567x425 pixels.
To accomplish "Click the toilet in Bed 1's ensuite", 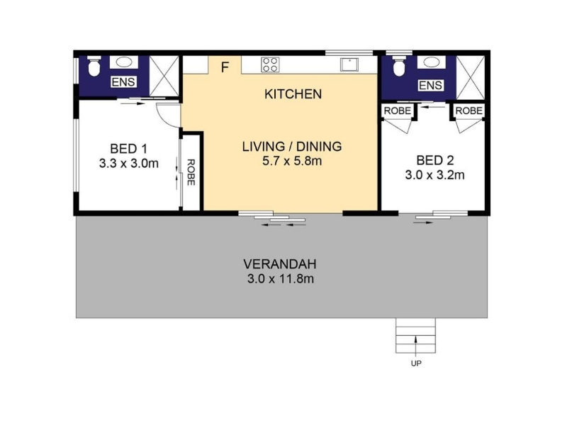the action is (94, 66).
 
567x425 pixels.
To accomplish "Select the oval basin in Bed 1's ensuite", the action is (123, 62).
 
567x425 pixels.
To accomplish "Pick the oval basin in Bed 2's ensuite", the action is (432, 62).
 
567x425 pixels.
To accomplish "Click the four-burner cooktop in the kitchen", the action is (270, 64).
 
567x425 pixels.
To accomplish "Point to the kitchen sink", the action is (349, 64).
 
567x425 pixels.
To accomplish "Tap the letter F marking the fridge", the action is (225, 67).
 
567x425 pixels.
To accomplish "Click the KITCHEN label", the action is (293, 94).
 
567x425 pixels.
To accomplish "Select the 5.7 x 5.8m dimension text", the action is (292, 161).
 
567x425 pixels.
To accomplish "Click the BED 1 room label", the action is (129, 149).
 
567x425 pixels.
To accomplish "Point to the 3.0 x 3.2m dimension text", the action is (434, 175).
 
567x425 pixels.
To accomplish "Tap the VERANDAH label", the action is (280, 264).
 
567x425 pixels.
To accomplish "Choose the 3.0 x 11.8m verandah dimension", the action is (281, 279).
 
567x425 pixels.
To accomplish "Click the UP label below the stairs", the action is (416, 363).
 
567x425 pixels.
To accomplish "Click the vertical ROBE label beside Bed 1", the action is (191, 172).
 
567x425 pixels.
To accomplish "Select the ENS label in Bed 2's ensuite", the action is (431, 85).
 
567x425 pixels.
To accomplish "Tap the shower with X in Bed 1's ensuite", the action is (164, 76).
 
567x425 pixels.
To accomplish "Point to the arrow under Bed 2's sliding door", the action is (423, 223).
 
